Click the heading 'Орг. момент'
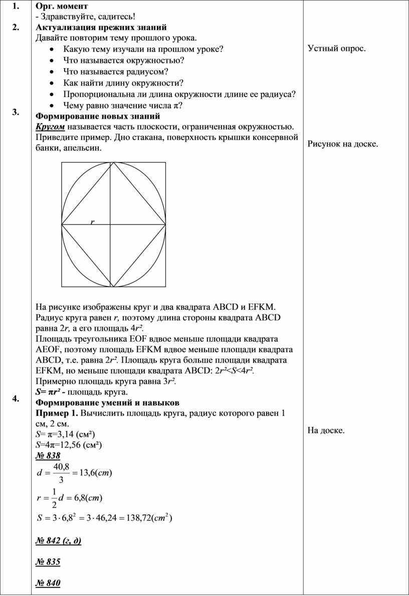[x=62, y=6]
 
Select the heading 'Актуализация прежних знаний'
[x=101, y=27]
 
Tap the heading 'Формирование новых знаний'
[x=98, y=116]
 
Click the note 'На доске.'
[x=326, y=430]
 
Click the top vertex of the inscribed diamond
[x=114, y=163]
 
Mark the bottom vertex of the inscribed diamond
[x=114, y=287]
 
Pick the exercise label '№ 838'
[x=48, y=455]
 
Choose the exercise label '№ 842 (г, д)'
[x=59, y=541]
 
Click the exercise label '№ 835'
[x=48, y=562]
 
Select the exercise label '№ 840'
[x=48, y=583]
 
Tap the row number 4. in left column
[x=17, y=398]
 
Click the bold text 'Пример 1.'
[x=57, y=413]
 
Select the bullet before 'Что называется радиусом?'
[x=53, y=72]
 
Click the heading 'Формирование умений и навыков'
[x=107, y=403]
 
